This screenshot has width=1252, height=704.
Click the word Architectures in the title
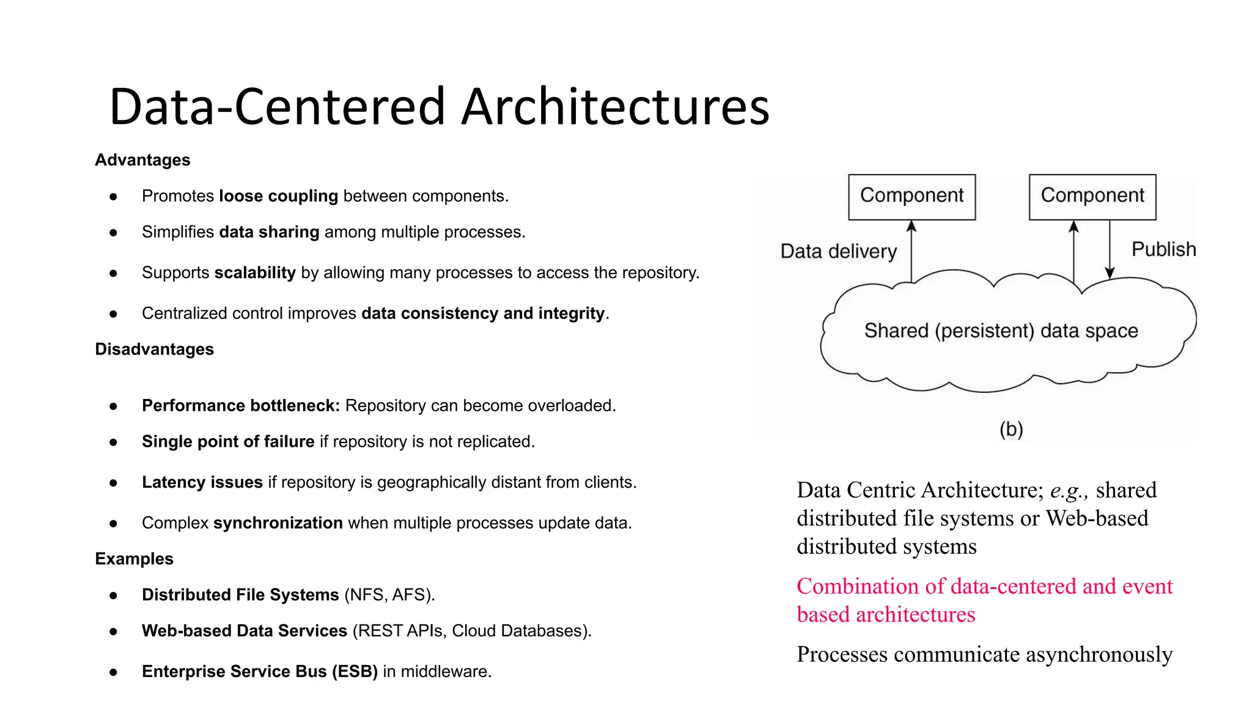click(614, 107)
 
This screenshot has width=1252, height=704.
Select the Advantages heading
click(142, 160)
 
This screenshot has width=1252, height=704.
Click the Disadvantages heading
click(154, 350)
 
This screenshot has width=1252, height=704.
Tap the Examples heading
click(134, 559)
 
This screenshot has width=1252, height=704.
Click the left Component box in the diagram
click(911, 197)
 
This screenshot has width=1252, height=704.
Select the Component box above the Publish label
click(1092, 197)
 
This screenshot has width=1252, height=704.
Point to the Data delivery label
click(838, 251)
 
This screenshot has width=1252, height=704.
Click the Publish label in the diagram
click(1163, 249)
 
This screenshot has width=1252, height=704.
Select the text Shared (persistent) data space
click(1001, 331)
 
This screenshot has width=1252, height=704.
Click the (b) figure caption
click(1011, 429)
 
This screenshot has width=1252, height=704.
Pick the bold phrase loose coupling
click(278, 196)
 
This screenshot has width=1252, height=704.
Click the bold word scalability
click(255, 273)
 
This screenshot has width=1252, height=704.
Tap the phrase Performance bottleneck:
click(240, 406)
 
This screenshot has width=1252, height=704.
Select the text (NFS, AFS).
click(389, 595)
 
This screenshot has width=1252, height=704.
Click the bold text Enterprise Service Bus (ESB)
click(259, 672)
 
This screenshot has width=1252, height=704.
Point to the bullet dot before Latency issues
click(113, 483)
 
